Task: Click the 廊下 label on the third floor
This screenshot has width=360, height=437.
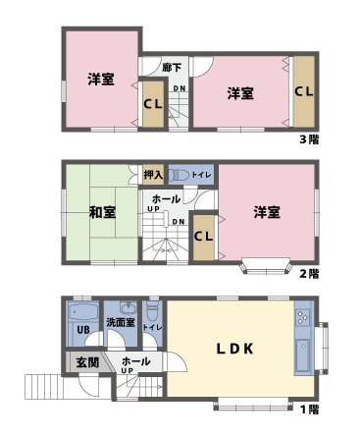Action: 173,68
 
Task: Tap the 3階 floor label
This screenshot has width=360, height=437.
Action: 308,139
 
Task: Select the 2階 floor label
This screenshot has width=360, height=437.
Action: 309,273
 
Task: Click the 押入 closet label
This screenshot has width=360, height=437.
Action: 153,175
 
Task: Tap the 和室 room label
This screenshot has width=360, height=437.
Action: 102,212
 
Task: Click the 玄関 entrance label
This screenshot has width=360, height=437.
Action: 86,362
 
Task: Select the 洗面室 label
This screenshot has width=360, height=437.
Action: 122,322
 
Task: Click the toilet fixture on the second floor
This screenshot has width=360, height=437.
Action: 180,175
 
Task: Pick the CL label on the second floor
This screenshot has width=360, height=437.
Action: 204,236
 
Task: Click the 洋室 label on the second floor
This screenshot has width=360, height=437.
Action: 267,212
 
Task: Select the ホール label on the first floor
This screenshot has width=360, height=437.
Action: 135,361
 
